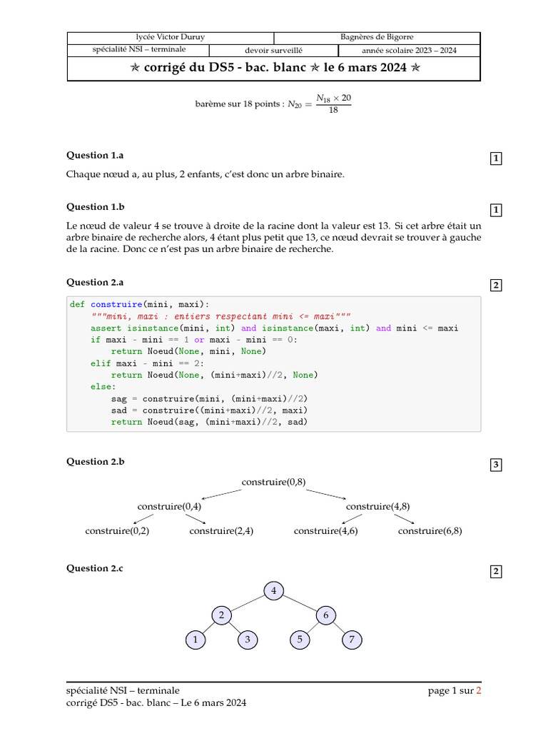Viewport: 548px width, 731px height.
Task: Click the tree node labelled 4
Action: click(x=273, y=590)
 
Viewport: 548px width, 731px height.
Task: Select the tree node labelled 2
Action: click(x=221, y=615)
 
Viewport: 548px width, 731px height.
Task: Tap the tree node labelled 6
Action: click(x=325, y=615)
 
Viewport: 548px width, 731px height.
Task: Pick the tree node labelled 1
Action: click(x=195, y=640)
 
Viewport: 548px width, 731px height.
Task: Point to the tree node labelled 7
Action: click(x=351, y=640)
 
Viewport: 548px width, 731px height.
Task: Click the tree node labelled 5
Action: click(x=300, y=640)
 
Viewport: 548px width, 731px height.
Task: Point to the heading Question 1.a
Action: click(x=95, y=155)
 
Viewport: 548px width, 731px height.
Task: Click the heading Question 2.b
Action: click(x=96, y=461)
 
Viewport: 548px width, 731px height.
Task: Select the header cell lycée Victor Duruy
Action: click(x=171, y=37)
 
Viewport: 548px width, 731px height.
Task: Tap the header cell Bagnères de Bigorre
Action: click(x=377, y=37)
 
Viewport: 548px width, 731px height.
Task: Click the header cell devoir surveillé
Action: click(x=274, y=51)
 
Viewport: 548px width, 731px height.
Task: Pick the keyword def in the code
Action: click(x=77, y=304)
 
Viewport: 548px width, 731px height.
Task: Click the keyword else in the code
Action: click(x=101, y=386)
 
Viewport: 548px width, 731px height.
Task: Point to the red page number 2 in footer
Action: click(x=479, y=690)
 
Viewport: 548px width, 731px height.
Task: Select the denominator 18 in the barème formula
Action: click(x=333, y=110)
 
